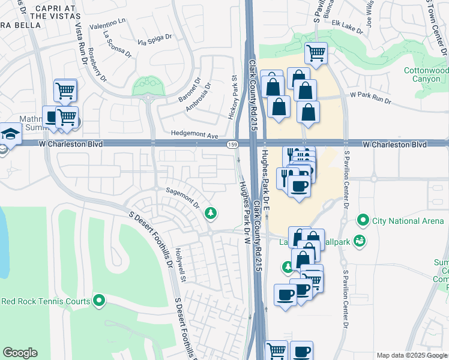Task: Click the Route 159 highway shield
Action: [231, 145]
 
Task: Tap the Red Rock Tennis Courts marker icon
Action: [100, 301]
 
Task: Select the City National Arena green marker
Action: [362, 221]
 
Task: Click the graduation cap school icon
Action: [10, 133]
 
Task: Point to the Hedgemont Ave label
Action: [194, 136]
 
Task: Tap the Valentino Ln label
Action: [107, 24]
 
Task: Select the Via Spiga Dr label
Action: [154, 40]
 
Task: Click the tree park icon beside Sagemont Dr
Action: [211, 212]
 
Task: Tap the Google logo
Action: [20, 352]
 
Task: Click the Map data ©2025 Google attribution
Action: [411, 355]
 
